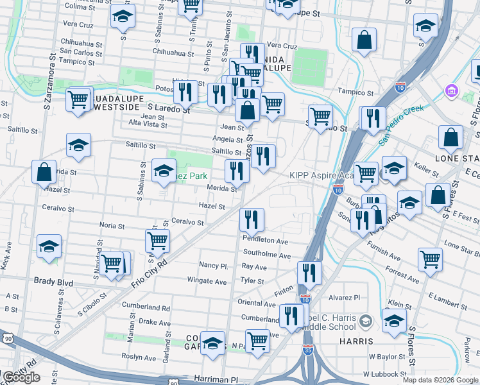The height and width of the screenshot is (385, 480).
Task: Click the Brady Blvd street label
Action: coord(54,282)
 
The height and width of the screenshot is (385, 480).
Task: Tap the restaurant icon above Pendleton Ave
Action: coord(252,219)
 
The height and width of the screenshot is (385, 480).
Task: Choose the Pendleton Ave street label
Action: coord(265,241)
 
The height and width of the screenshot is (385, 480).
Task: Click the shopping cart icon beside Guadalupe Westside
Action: coord(78,100)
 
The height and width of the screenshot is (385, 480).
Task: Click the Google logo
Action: coord(21,377)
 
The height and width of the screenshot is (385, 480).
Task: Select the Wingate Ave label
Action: coord(207,281)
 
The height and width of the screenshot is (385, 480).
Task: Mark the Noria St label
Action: coord(112,225)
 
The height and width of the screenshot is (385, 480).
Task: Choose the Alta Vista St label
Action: coord(148,124)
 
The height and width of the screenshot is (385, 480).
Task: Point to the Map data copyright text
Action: coord(440,380)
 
